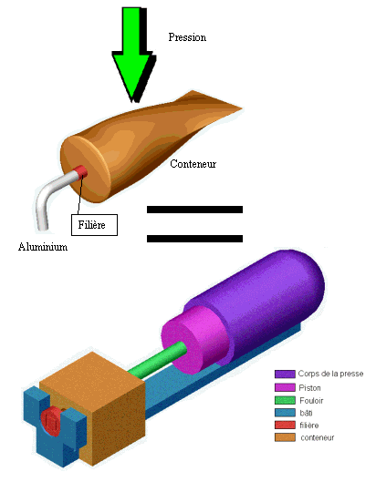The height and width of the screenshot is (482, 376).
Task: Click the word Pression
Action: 187,37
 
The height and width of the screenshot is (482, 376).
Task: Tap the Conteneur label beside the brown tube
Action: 193,163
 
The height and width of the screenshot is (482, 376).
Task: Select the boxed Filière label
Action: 94,225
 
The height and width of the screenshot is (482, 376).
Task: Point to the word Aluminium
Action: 43,247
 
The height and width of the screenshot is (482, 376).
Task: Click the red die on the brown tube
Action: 82,172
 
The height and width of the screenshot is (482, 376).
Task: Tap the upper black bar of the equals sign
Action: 194,210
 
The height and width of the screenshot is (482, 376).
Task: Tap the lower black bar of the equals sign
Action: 194,238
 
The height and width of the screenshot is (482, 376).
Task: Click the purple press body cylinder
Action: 258,302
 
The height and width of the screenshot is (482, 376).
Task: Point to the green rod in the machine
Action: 157,360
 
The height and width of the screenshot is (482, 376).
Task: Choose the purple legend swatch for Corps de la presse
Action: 285,374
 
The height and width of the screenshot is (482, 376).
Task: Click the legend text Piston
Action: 309,388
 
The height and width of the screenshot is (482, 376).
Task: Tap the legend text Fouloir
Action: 311,401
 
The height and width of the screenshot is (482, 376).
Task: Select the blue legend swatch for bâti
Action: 285,413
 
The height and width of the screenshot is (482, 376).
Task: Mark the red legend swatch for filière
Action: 285,426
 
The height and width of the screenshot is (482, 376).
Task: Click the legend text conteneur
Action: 318,437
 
